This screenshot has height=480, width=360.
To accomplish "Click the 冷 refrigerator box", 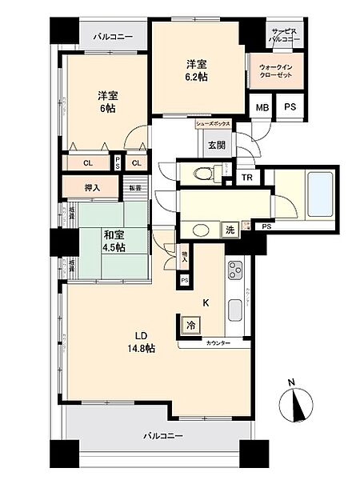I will click(x=190, y=326).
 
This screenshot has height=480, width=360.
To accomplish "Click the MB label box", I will click(x=262, y=107).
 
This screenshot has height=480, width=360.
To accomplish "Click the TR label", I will click(x=248, y=177).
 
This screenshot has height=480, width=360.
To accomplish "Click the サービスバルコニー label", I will click(x=285, y=34).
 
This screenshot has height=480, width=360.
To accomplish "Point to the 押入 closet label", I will click(x=92, y=188).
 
